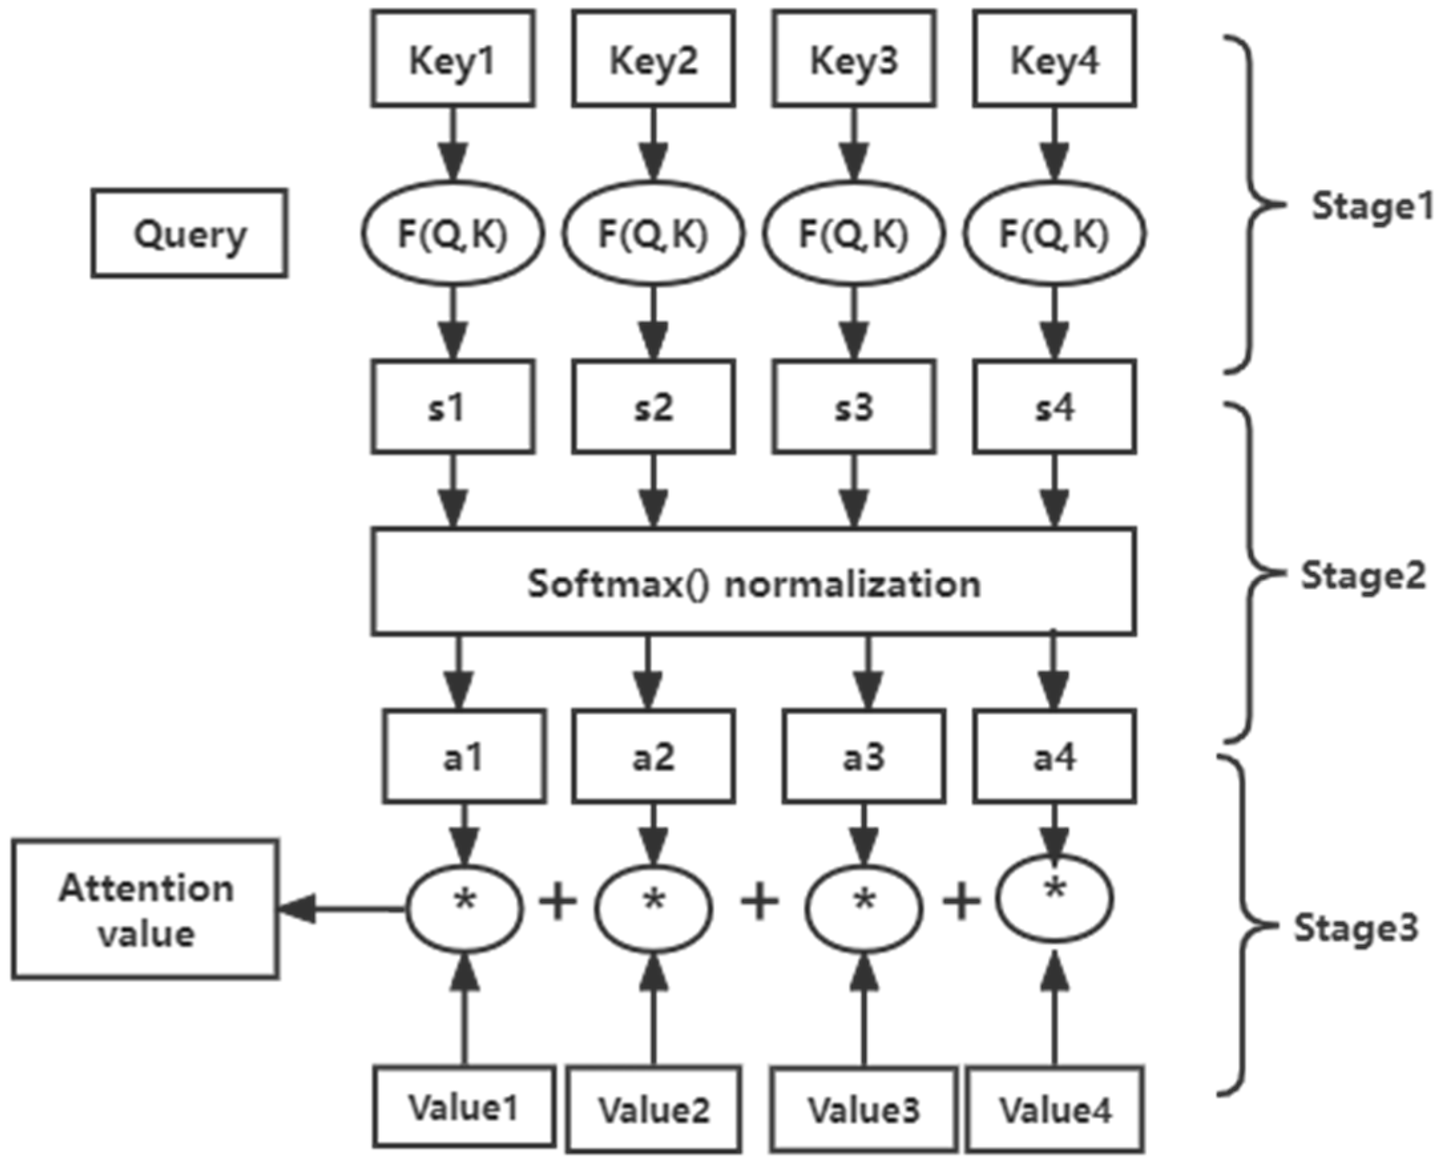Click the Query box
click(189, 233)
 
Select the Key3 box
click(854, 58)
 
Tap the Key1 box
click(453, 58)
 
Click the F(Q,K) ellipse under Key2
click(653, 233)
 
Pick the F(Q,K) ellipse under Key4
click(1053, 233)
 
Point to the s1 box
click(453, 407)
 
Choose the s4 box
click(1053, 407)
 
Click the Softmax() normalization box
click(753, 582)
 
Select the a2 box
click(653, 756)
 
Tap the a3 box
click(864, 756)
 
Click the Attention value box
click(146, 909)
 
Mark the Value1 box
click(463, 1106)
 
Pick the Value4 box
click(1054, 1109)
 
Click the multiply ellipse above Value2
click(653, 909)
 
